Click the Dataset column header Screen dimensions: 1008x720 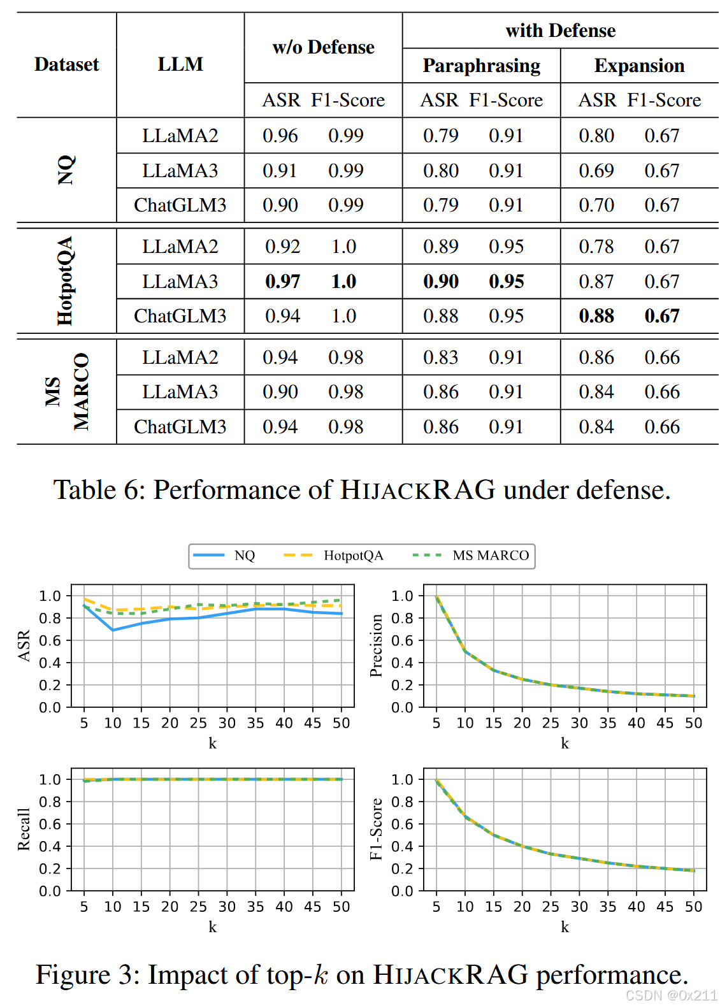(66, 64)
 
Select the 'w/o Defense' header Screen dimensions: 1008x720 (323, 47)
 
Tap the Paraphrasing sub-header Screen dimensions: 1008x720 (481, 66)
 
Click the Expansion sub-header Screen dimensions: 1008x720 (639, 66)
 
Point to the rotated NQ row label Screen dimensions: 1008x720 (66, 170)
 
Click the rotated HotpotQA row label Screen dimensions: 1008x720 (65, 281)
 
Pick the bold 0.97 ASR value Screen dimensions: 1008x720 (282, 282)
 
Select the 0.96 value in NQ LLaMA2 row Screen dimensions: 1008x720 (280, 136)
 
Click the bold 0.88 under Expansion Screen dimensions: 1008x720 (596, 316)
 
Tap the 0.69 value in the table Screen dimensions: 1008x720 (596, 171)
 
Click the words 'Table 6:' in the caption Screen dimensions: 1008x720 (99, 490)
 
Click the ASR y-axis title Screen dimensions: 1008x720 (24, 645)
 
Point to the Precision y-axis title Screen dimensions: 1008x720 (376, 645)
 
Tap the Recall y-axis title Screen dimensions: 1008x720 (24, 829)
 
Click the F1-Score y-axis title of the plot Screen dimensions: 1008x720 (376, 829)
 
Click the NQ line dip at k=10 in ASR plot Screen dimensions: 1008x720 (113, 630)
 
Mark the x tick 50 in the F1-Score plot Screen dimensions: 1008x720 (693, 907)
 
